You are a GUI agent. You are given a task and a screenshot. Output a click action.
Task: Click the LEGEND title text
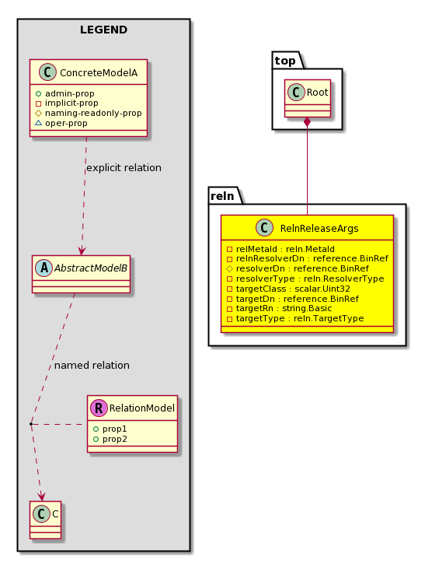(103, 30)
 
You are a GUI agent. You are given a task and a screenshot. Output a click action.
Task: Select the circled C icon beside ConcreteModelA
(47, 72)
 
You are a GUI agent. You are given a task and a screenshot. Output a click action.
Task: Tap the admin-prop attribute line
(64, 93)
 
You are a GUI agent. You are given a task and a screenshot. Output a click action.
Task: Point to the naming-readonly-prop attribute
(89, 114)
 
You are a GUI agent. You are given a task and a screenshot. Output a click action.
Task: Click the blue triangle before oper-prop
(38, 123)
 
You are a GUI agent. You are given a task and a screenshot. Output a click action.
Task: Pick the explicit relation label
(124, 168)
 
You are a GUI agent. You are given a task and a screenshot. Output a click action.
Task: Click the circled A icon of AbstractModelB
(44, 268)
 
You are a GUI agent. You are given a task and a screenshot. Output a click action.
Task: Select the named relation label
(92, 366)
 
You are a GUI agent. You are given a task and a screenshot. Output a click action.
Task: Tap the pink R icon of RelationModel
(99, 408)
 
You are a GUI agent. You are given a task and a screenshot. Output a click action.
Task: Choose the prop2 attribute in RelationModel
(110, 440)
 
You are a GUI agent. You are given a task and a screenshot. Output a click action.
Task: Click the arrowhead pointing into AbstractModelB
(82, 250)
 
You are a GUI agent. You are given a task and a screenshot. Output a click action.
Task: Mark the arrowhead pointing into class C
(42, 496)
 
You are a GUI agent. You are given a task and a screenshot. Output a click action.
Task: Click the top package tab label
(285, 61)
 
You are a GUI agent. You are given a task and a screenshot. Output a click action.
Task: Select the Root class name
(317, 93)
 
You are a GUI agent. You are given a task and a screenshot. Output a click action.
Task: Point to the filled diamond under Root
(307, 121)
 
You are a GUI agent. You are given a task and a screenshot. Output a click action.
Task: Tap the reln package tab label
(222, 196)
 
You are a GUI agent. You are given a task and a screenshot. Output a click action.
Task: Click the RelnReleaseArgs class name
(319, 229)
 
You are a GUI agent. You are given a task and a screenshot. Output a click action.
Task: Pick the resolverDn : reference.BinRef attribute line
(298, 268)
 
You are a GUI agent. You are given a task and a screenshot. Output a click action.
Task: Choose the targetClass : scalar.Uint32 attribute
(288, 289)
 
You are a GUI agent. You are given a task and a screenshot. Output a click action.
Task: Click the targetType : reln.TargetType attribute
(295, 319)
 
